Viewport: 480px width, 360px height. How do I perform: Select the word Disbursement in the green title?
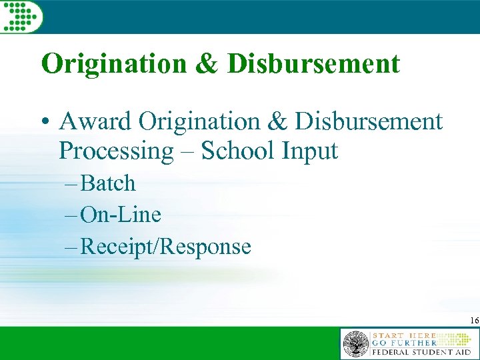tap(313, 64)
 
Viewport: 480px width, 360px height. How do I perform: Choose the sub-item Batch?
tap(117, 183)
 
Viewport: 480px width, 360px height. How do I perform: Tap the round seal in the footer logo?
tap(355, 344)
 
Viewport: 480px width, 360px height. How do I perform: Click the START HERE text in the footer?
tap(405, 335)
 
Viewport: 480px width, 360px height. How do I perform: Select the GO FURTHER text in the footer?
tap(404, 343)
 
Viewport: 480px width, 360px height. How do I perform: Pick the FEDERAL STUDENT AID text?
tap(421, 351)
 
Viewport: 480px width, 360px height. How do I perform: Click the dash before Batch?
tap(87, 184)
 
